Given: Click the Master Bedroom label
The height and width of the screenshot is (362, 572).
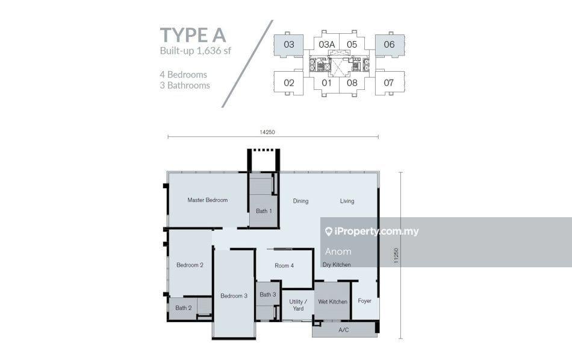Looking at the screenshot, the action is click(208, 200).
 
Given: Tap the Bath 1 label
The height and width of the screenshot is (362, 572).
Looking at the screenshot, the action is click(264, 211).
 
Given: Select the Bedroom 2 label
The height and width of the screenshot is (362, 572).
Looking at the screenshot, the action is click(190, 265).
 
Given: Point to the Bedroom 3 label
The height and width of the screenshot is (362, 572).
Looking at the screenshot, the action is click(234, 296).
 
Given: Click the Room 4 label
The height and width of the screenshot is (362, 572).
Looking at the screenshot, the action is click(284, 266).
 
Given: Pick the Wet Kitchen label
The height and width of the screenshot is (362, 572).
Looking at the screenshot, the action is click(333, 302).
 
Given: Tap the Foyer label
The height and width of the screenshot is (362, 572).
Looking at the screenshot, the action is click(364, 301).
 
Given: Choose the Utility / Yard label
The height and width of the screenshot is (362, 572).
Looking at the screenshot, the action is click(298, 305).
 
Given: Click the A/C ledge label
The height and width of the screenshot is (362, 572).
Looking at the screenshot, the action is click(344, 330).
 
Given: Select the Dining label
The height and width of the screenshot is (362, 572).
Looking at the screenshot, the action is click(300, 201).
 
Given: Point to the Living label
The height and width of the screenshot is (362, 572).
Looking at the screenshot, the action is click(347, 201).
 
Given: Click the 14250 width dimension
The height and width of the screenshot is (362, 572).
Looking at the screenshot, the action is click(267, 132).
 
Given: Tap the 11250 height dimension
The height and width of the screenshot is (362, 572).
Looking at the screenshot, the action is click(396, 256).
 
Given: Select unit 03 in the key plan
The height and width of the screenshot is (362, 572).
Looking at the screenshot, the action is click(288, 45).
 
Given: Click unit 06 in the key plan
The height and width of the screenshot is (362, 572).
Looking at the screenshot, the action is click(389, 45).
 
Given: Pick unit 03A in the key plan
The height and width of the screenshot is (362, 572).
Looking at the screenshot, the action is click(326, 45).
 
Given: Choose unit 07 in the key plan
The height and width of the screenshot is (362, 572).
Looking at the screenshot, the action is click(388, 83).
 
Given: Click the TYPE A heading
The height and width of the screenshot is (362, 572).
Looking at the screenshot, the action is click(193, 35).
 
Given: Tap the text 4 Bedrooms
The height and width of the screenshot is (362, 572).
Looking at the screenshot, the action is click(183, 75).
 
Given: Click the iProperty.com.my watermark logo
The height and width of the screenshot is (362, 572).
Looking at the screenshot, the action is click(371, 232).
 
